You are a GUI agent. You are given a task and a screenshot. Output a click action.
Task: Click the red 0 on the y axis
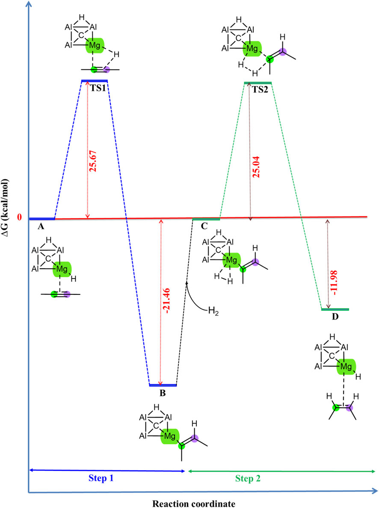point(19,217)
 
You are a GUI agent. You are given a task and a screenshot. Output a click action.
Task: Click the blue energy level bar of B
point(163,385)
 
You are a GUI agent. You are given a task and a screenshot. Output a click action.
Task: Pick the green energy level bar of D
point(335,309)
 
